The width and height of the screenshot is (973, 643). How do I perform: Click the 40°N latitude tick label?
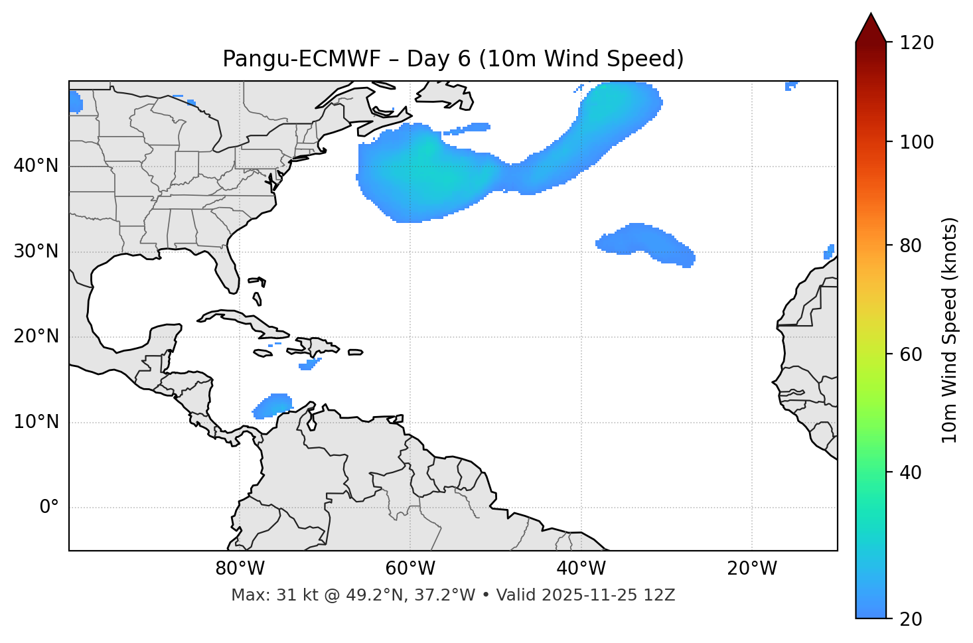[x=36, y=166]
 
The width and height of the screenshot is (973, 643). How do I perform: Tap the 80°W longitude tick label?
[x=240, y=569]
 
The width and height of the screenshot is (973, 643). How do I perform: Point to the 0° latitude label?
[x=49, y=508]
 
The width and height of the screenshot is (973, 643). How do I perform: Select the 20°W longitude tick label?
[x=752, y=569]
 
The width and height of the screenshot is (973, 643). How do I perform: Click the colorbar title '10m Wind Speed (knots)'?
[x=950, y=330]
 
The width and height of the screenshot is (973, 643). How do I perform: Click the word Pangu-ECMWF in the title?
[x=301, y=59]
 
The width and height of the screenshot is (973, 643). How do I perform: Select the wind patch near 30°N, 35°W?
[x=644, y=242]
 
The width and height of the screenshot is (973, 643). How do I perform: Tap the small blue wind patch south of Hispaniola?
[x=309, y=364]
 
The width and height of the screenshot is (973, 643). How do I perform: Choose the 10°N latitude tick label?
[x=36, y=422]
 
